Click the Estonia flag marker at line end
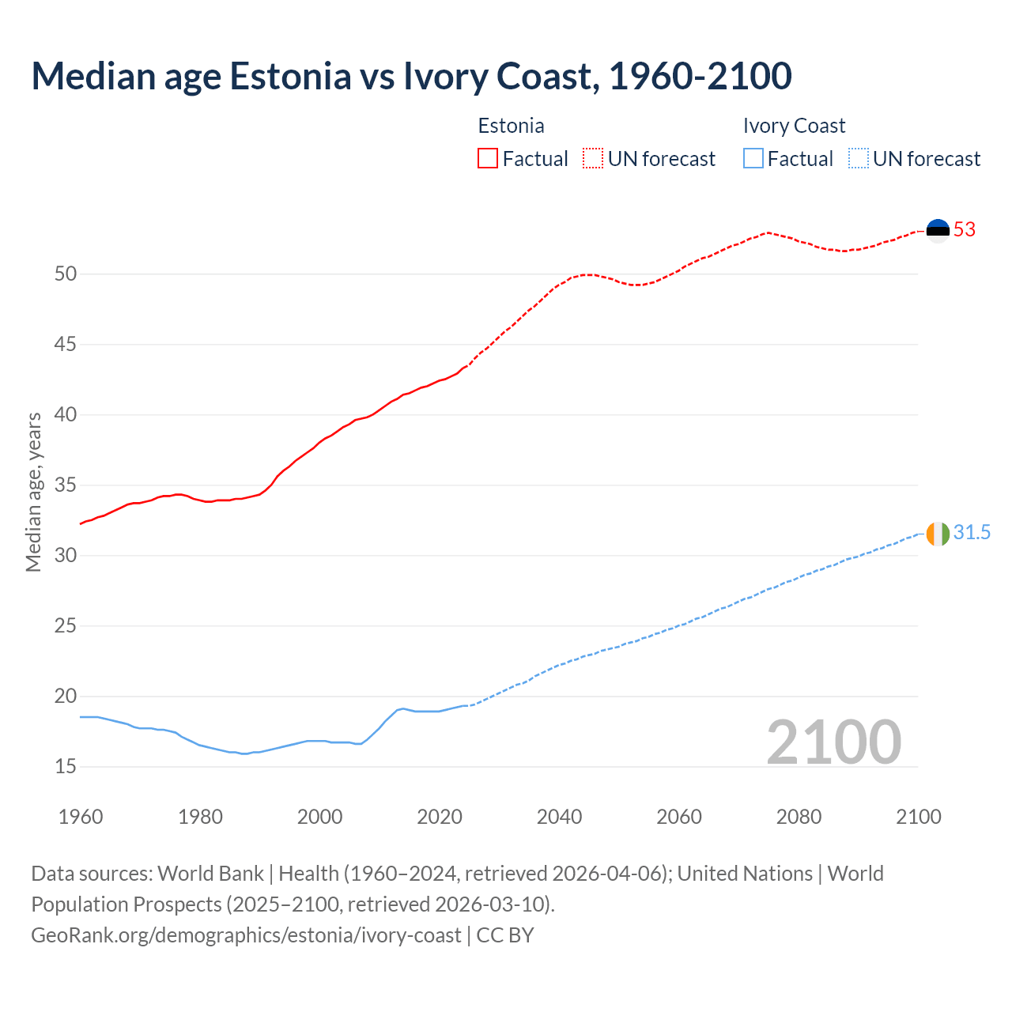click(938, 230)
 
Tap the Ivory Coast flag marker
click(938, 534)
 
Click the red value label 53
click(965, 230)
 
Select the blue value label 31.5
click(972, 533)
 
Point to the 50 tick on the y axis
click(66, 274)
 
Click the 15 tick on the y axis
click(66, 766)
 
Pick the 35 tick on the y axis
click(66, 485)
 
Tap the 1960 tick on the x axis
click(81, 817)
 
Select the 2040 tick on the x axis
click(559, 817)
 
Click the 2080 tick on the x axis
click(799, 817)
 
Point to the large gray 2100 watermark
click(833, 742)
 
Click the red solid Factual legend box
click(488, 159)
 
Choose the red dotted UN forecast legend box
click(593, 159)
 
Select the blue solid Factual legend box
click(753, 159)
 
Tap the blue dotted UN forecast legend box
click(858, 159)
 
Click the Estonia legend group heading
click(511, 126)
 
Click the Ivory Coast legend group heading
click(794, 126)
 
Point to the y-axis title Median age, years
click(33, 492)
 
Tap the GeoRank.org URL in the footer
click(246, 935)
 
